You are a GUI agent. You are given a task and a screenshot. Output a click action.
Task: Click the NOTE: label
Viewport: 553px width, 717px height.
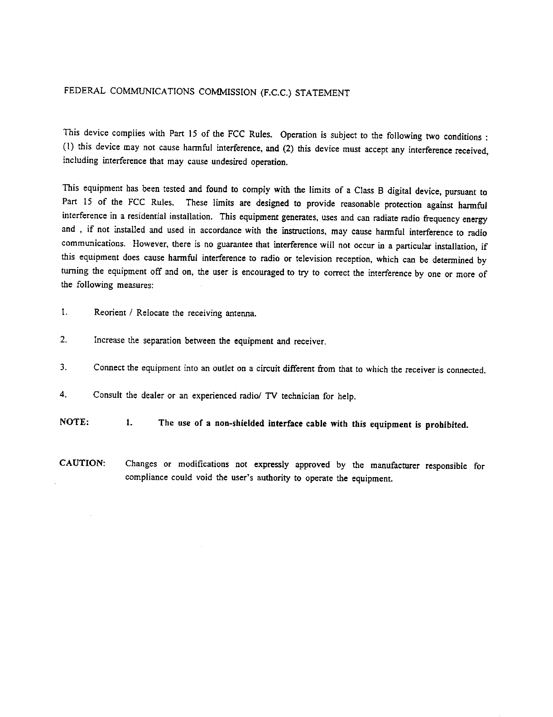(x=74, y=422)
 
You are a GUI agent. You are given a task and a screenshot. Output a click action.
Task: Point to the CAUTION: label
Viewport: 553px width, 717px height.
(x=83, y=464)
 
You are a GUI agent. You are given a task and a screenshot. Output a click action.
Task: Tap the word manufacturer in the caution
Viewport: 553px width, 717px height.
(x=395, y=465)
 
